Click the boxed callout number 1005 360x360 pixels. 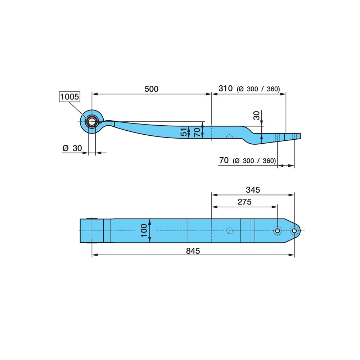(69, 96)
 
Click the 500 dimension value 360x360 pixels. (151, 89)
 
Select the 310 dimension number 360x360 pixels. (225, 89)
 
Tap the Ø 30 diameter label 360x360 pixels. (72, 148)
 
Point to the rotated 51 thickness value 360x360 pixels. (184, 132)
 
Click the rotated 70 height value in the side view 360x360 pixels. (197, 132)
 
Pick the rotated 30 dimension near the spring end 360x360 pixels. (256, 116)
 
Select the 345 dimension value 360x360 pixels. (253, 190)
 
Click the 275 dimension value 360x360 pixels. (244, 202)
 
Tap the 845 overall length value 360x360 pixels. (193, 251)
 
